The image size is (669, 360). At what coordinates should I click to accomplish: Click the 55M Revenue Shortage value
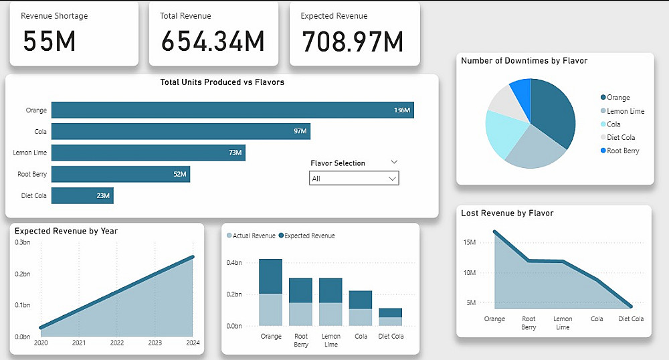49,41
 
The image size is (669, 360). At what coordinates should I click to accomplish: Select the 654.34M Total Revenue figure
213,41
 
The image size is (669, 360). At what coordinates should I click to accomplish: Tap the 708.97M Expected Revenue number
353,41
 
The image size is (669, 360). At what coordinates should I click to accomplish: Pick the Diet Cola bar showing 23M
82,195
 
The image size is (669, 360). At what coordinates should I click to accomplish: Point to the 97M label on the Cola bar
300,131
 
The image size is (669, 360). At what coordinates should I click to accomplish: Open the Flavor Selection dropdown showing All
354,179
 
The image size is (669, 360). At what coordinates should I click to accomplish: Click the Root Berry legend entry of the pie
622,151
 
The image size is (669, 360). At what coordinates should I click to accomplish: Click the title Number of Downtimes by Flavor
524,61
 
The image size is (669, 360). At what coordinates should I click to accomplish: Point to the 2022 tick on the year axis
117,343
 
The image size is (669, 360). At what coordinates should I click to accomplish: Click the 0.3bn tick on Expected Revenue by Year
23,242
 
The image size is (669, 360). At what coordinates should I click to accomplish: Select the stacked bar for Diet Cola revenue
391,317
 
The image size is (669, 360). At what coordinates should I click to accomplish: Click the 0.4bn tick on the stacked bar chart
233,263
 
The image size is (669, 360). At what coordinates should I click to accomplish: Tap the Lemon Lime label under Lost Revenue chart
563,323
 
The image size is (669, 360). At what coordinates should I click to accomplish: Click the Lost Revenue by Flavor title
507,213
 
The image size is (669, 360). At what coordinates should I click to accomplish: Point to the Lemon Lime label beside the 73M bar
29,153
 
